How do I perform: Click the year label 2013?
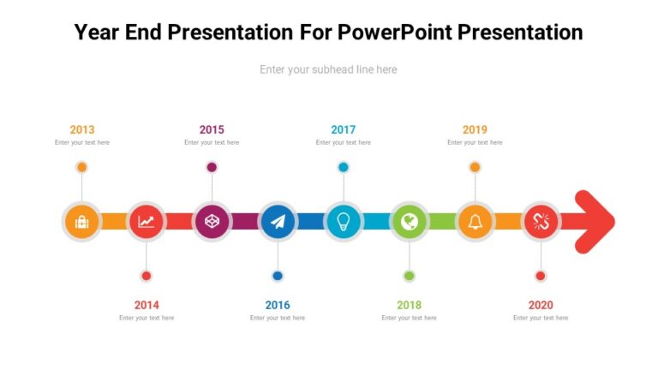[82, 129]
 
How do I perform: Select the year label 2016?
[278, 305]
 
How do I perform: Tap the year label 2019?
[475, 129]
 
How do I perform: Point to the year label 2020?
[541, 305]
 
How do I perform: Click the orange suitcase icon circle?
[82, 222]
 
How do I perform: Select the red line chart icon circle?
[147, 222]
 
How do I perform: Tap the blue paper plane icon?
[278, 222]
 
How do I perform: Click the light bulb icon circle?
[344, 222]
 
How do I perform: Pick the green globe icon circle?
[410, 222]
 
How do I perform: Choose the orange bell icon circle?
[475, 222]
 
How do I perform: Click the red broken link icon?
[541, 222]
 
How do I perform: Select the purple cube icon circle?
[212, 222]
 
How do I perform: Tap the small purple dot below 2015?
[212, 167]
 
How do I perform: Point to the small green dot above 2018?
[410, 276]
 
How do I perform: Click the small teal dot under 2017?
[344, 167]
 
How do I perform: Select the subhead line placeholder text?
[328, 69]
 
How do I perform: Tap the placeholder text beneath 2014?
[147, 318]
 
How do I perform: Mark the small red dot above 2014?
[147, 276]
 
